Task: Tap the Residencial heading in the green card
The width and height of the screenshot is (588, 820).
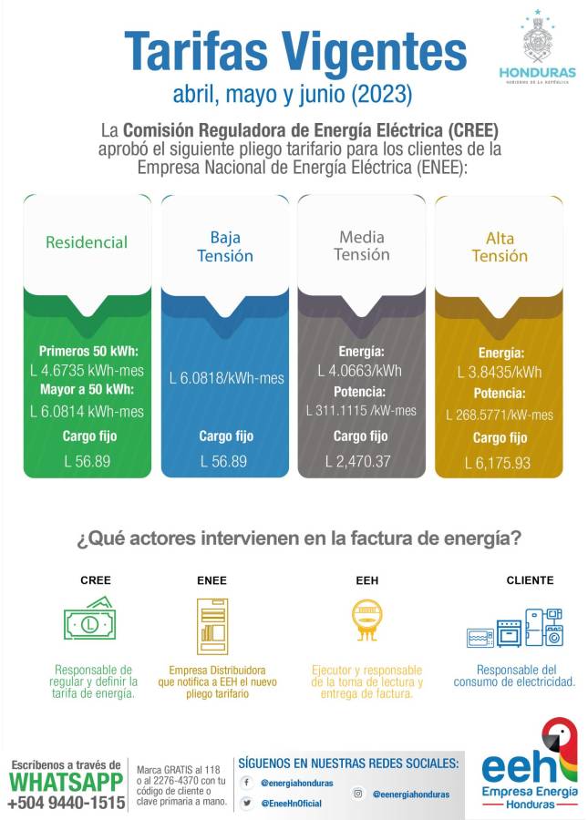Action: coord(87,242)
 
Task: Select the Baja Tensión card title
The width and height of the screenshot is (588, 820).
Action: coord(225,246)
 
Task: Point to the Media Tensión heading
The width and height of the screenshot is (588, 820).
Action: coord(361,246)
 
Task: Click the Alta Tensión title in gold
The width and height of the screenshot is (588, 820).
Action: coord(499,247)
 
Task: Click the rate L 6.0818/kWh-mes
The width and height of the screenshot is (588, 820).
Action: coord(226,378)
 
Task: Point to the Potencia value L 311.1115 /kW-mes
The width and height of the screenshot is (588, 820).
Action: coord(361,411)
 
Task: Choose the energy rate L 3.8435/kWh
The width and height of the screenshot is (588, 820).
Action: coord(499,372)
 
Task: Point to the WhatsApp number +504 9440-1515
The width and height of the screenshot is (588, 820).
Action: coord(66,803)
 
